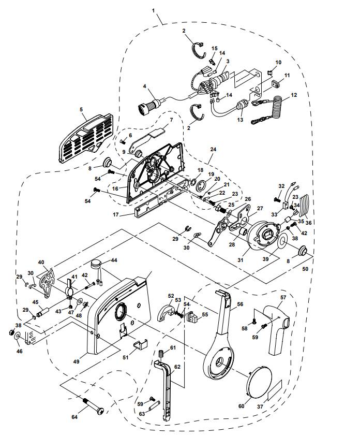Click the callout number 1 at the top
[153, 10]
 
